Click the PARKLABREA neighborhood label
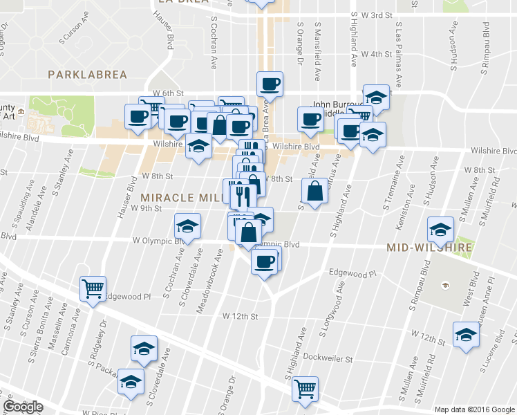83,73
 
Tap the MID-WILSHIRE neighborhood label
429,247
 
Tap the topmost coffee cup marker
270,84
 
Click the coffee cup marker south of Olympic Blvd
265,261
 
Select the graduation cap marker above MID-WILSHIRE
440,229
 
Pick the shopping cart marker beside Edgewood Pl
93,288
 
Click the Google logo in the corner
23,407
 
